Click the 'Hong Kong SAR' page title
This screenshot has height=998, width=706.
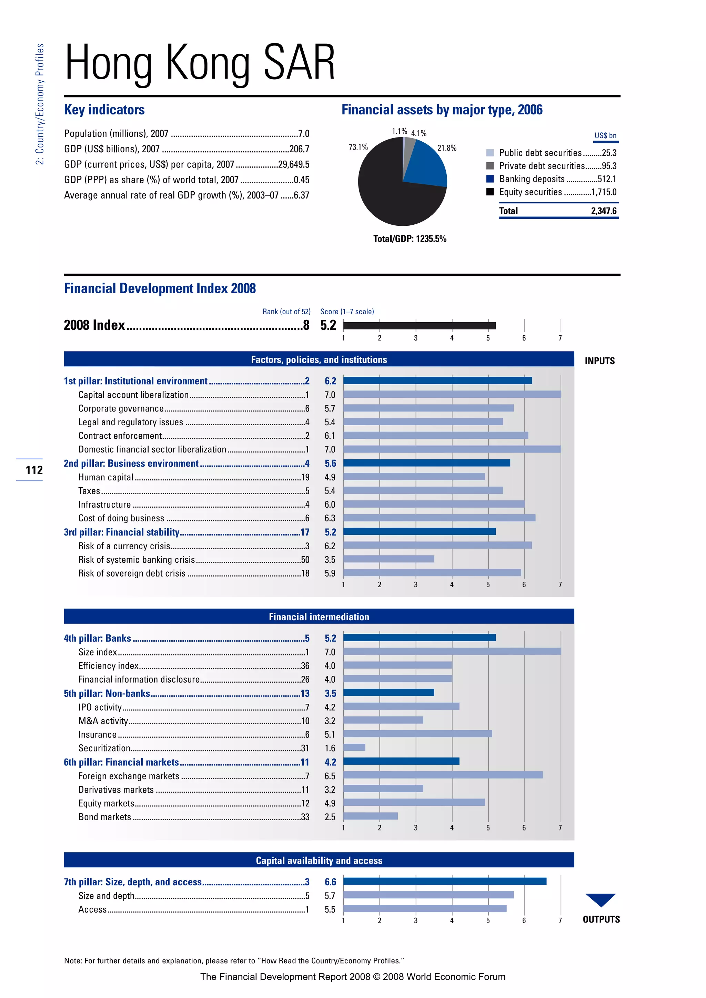point(200,63)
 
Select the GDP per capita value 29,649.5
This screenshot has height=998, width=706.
point(293,164)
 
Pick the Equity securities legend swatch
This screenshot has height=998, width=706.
point(490,192)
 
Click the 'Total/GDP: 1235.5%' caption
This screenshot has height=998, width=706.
point(410,238)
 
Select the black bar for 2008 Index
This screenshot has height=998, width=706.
point(419,326)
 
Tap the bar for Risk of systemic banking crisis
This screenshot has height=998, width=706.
point(388,559)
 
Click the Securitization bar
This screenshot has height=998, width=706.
point(354,747)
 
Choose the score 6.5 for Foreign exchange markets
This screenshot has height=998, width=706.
point(330,776)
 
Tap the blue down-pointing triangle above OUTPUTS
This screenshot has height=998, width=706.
point(601,898)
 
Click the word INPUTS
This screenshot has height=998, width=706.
point(599,361)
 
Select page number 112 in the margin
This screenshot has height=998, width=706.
point(34,470)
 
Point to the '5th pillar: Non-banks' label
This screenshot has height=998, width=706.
point(107,693)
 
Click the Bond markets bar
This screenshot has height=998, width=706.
point(370,816)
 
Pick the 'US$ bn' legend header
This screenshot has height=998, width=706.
point(605,136)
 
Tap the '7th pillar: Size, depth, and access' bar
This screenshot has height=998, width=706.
point(444,881)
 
